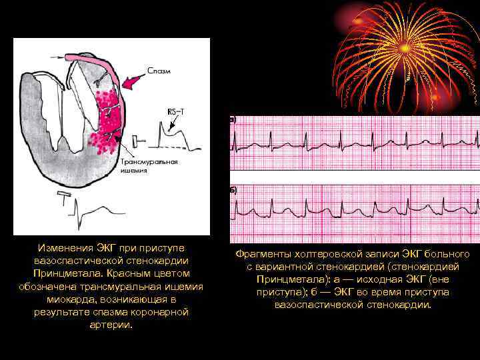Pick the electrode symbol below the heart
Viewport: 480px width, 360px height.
[65, 198]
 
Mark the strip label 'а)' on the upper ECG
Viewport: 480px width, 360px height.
[233, 120]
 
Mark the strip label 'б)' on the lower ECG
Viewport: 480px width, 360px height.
[233, 190]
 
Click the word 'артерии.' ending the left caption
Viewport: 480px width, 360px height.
[111, 325]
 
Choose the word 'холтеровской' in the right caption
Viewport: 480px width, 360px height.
[317, 255]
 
